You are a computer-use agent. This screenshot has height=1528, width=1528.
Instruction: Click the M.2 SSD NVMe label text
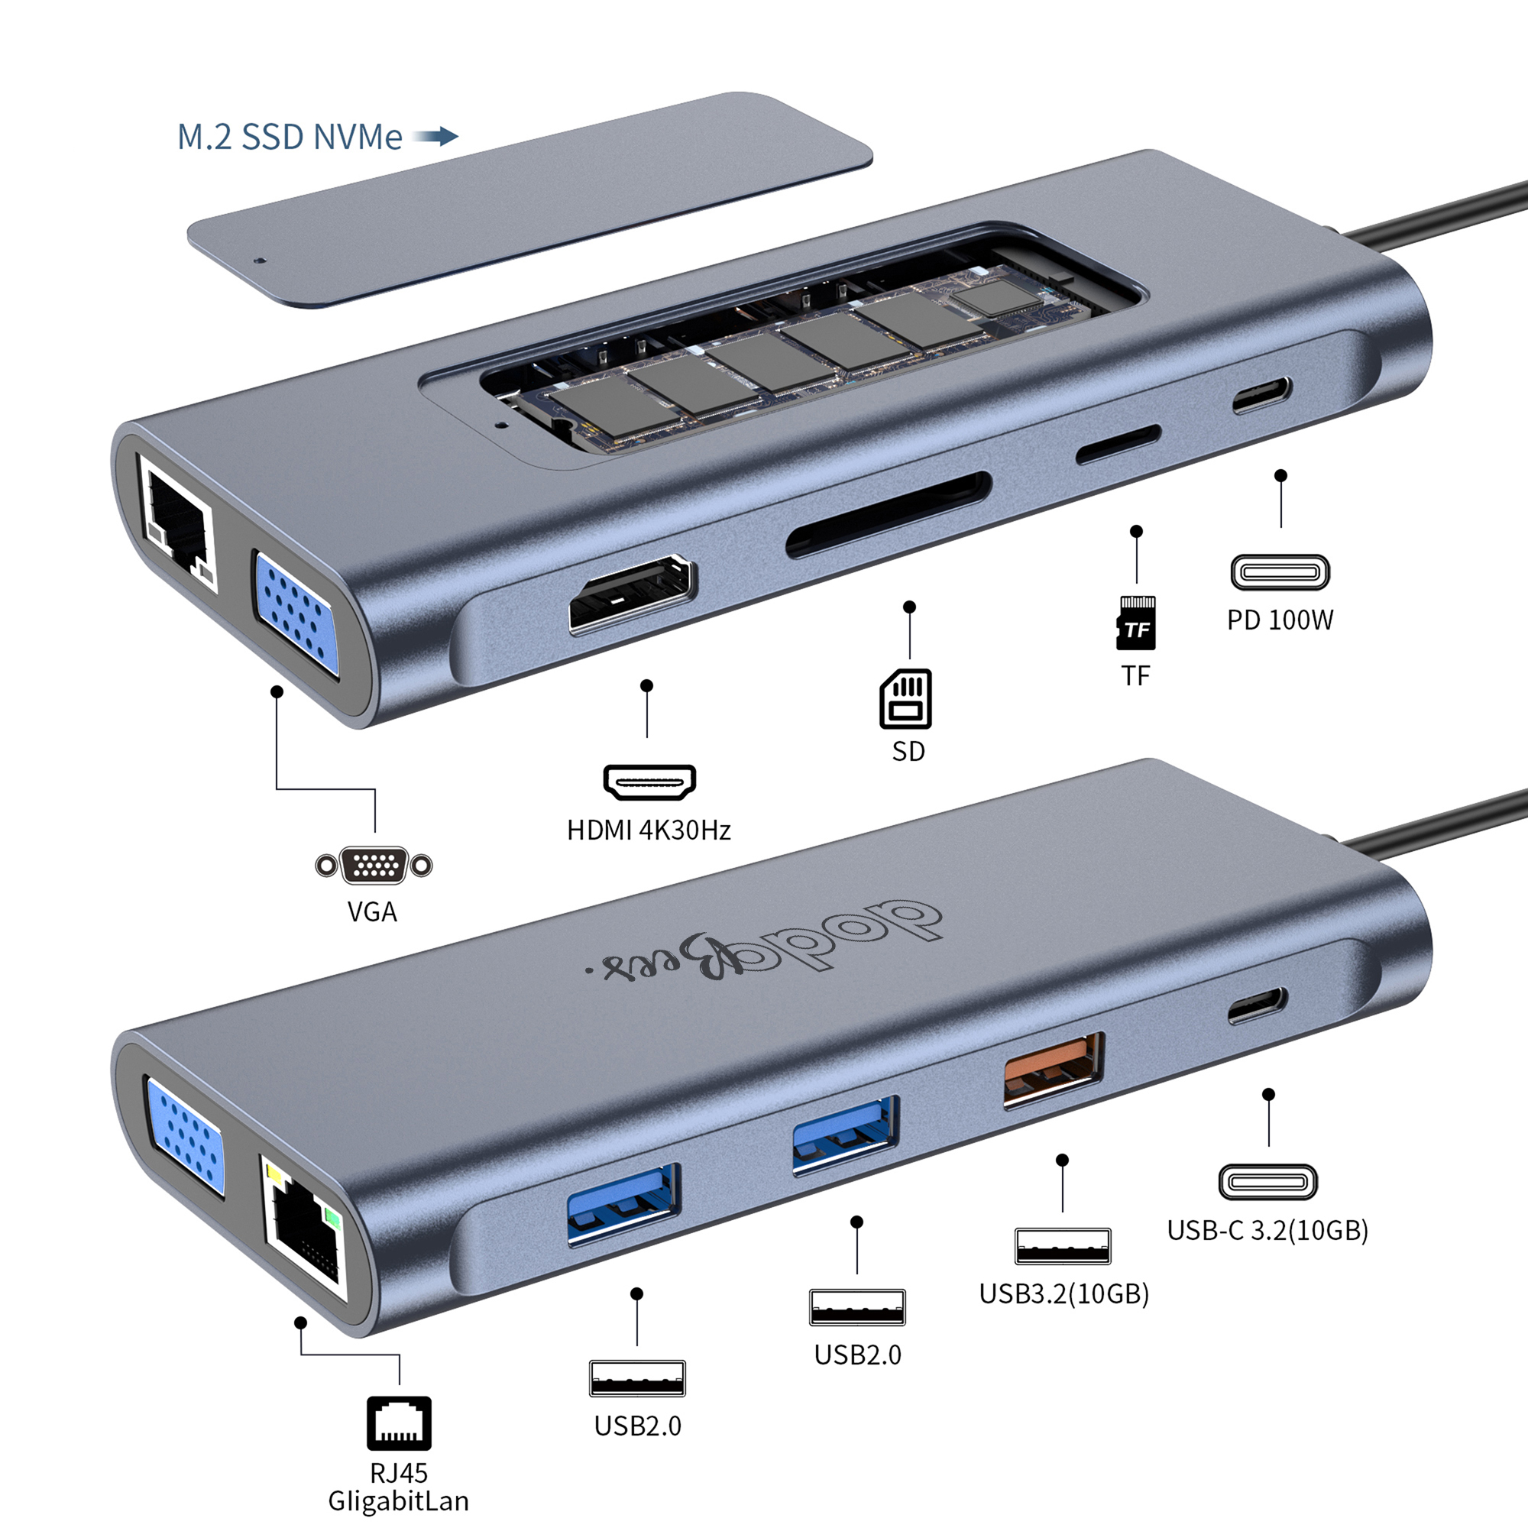pyautogui.click(x=289, y=137)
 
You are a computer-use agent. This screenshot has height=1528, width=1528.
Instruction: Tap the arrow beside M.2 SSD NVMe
pyautogui.click(x=435, y=136)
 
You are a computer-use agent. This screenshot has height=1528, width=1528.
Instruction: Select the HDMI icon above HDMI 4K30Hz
pyautogui.click(x=649, y=782)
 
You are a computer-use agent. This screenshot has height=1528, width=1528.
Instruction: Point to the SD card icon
pyautogui.click(x=905, y=698)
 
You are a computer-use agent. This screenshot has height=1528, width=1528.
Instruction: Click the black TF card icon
pyautogui.click(x=1136, y=623)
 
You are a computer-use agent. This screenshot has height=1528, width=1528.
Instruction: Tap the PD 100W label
pyautogui.click(x=1280, y=620)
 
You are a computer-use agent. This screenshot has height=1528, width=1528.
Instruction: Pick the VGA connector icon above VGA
pyautogui.click(x=374, y=866)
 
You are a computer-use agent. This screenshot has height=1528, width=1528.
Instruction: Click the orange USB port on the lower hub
pyautogui.click(x=1053, y=1071)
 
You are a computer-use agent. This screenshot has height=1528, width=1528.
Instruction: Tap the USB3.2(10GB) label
pyautogui.click(x=1063, y=1293)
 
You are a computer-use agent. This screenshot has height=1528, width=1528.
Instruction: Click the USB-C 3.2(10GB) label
pyautogui.click(x=1267, y=1230)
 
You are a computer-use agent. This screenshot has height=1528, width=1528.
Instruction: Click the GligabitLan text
pyautogui.click(x=398, y=1500)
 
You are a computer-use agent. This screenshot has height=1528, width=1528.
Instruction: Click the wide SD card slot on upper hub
pyautogui.click(x=889, y=515)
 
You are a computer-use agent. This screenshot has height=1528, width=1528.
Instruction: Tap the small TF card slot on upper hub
pyautogui.click(x=1118, y=444)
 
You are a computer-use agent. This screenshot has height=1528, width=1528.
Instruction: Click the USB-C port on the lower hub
pyautogui.click(x=1258, y=1005)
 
